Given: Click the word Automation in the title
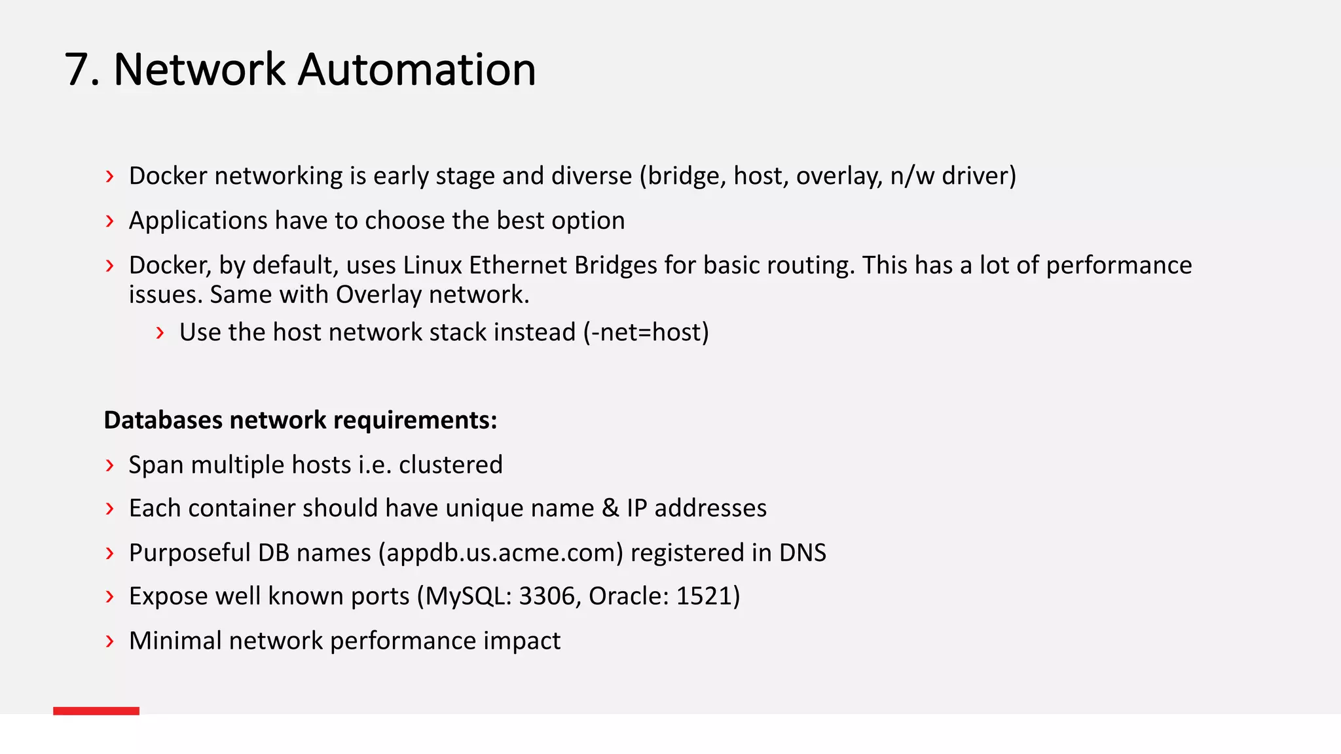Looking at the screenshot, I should (x=416, y=70).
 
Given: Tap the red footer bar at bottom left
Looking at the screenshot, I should (x=96, y=711).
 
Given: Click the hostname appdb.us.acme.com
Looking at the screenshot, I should (x=500, y=553).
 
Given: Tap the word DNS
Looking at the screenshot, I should (x=802, y=553).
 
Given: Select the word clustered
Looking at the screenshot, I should (x=450, y=465).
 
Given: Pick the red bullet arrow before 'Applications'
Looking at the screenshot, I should (x=109, y=221).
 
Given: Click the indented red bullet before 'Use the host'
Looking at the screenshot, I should (x=160, y=333).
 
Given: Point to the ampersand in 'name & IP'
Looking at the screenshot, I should (x=610, y=509).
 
